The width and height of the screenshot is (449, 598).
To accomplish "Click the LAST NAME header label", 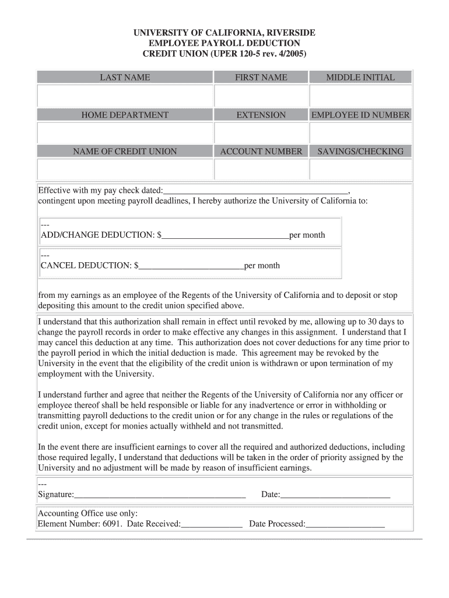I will point(125,77).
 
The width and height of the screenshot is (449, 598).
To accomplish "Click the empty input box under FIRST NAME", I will point(261,96).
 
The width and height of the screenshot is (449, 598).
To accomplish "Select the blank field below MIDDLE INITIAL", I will point(360,96).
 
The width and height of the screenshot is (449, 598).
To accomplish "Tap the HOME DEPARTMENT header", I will point(125,115).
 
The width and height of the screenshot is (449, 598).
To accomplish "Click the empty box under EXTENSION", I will point(261,133).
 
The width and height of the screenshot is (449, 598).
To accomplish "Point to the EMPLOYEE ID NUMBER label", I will point(360,115).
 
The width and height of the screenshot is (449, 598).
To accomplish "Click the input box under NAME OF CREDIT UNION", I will point(125,169).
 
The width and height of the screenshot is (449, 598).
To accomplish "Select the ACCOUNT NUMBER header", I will point(261,151).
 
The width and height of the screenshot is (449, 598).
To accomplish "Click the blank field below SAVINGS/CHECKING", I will point(360,169).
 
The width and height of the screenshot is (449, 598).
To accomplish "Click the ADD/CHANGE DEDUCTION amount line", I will point(226,235).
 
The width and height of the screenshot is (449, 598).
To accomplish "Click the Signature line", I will point(160,495).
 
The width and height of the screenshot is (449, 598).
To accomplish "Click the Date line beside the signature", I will point(335,495).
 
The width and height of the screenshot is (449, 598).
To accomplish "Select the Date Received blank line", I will point(212,524).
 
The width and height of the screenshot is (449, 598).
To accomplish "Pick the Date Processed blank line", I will point(345,524).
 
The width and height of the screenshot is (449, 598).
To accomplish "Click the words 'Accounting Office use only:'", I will point(87,513).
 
